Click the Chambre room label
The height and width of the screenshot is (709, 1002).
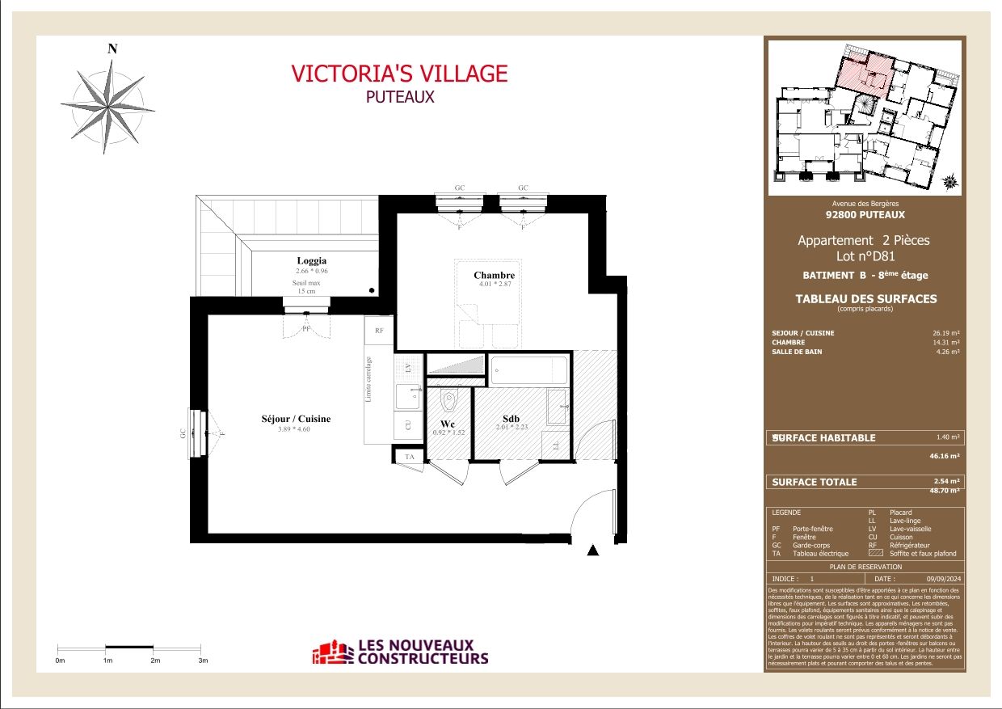coord(494,276)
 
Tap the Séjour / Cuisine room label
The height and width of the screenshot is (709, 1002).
coord(296,419)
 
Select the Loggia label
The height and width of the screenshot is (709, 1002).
coord(311,260)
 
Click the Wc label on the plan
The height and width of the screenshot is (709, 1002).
coord(448,424)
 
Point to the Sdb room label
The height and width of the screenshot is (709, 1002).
coord(511,418)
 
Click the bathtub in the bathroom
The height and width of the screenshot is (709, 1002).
coord(529,371)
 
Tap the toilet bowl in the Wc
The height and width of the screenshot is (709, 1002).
coord(450,400)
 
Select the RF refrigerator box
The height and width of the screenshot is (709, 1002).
coord(378,330)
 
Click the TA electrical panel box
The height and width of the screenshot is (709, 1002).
coord(409,457)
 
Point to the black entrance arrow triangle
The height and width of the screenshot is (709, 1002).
coord(593,551)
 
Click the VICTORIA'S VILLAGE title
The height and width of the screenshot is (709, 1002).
coord(399,74)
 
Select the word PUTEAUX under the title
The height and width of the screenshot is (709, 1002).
coord(399,96)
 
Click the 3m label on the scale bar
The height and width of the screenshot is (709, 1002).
coord(203,660)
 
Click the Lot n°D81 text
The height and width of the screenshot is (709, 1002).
coord(864,256)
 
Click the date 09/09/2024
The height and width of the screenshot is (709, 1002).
coord(941,579)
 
